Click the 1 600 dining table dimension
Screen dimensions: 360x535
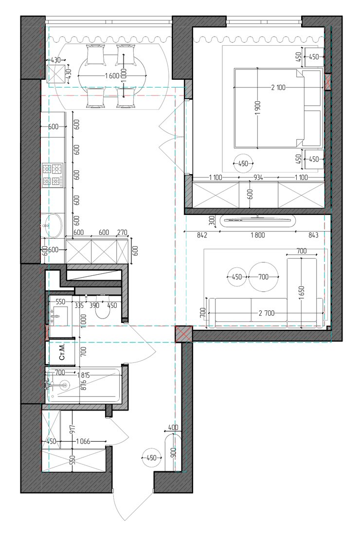(112, 76)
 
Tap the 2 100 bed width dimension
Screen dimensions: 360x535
(278, 88)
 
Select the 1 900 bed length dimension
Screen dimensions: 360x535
(257, 108)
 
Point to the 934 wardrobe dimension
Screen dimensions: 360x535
(258, 177)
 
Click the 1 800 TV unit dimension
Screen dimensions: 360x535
(258, 235)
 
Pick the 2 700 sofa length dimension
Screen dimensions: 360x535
(267, 313)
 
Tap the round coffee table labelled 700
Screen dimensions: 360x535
(263, 277)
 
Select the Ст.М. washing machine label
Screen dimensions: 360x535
(62, 352)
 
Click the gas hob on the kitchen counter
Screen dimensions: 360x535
(52, 175)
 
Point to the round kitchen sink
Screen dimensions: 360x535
(53, 226)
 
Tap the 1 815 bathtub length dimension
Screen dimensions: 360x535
(83, 375)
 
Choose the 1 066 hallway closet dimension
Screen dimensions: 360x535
(83, 441)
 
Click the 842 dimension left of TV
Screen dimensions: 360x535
(202, 235)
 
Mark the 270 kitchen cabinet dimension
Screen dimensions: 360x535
(122, 232)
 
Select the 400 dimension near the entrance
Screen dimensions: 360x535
(173, 427)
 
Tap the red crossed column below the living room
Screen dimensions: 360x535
(183, 334)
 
